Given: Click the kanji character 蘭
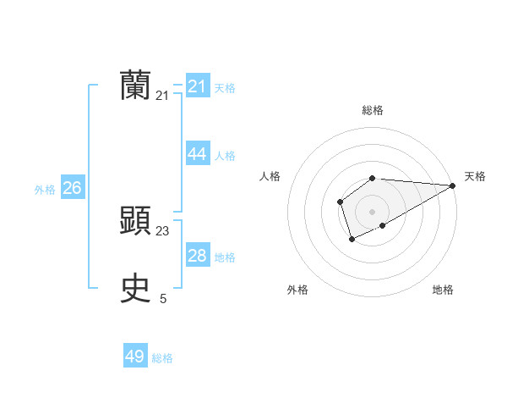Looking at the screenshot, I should [135, 86].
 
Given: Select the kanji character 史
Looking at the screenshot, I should [135, 289].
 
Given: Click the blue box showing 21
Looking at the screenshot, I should [198, 86].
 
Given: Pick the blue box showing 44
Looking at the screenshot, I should [198, 154].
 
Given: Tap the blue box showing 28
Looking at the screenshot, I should [198, 256].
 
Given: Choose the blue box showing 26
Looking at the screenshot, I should [73, 188].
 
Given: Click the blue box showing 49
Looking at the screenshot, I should [135, 357].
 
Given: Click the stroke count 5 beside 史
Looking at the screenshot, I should [163, 298].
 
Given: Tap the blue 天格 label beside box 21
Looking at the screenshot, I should [225, 88].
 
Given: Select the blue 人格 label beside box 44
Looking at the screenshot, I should [225, 156].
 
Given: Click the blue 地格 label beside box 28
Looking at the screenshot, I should [225, 257].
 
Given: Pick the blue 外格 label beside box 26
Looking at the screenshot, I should [45, 190].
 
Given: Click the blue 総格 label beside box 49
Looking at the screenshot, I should [162, 358].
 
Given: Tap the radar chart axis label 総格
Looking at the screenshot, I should [373, 110].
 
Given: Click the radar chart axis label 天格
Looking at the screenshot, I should [475, 176].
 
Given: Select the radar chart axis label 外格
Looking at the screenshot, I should [297, 290].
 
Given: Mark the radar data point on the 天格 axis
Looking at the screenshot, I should [453, 185].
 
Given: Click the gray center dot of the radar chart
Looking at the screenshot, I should [372, 212].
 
